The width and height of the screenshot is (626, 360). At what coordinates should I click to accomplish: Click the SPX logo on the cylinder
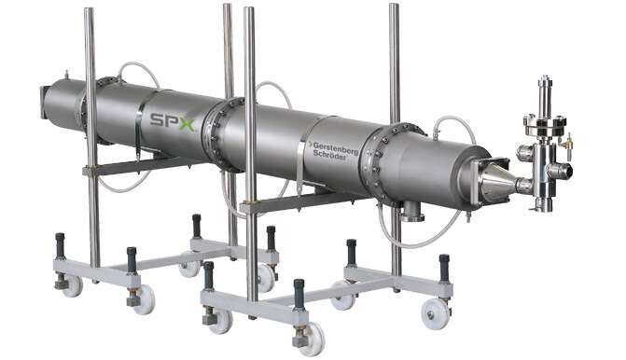[172, 122]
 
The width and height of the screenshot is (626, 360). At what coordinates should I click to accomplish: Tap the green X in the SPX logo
[186, 124]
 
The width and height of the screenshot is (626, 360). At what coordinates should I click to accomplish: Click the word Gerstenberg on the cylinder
[335, 147]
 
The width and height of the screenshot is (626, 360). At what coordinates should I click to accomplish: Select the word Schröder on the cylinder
[329, 155]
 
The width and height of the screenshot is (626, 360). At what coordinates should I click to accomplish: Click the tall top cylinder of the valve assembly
[545, 97]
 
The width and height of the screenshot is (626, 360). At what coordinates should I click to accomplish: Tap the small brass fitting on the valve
[568, 142]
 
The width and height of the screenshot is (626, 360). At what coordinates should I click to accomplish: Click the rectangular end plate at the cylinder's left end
[43, 103]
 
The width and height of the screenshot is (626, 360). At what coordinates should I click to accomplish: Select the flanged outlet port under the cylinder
[410, 212]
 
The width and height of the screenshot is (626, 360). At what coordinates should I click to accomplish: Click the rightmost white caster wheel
[435, 313]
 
